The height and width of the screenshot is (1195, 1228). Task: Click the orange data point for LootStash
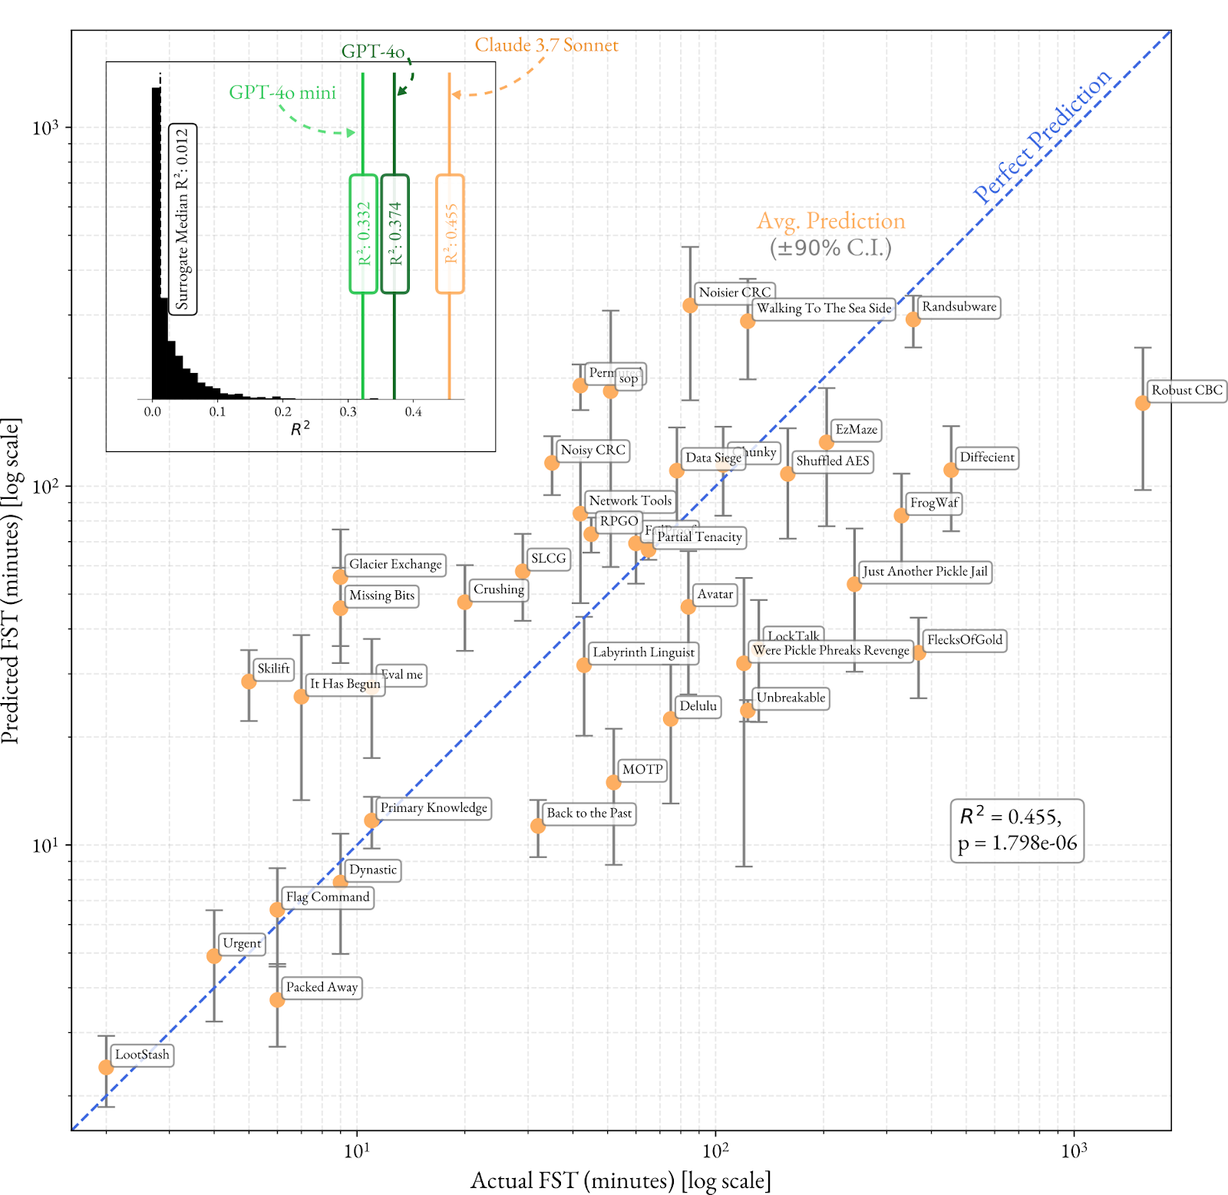[106, 1068]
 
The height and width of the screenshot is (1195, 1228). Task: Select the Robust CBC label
[1187, 391]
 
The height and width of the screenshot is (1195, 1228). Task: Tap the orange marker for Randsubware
[913, 319]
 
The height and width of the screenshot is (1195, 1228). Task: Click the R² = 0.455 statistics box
[1017, 830]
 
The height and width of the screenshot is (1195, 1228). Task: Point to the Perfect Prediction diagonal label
[1041, 136]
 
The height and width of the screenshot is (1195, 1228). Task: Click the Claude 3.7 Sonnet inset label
[546, 45]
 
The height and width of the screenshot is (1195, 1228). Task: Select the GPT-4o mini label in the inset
[282, 93]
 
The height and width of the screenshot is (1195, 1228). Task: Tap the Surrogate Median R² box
[183, 220]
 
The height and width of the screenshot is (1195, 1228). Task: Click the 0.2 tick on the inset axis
[283, 412]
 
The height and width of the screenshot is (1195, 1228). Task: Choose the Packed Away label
[322, 987]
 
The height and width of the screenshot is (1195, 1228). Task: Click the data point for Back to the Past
[538, 826]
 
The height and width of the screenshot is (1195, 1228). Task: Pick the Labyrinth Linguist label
[643, 652]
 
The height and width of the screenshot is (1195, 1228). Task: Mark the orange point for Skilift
[249, 682]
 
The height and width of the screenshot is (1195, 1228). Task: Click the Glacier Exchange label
[395, 565]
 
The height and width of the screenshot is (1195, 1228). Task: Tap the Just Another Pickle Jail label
[925, 572]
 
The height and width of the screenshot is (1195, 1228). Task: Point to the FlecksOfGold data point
[919, 653]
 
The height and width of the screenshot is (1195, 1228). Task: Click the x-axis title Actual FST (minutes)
[620, 1180]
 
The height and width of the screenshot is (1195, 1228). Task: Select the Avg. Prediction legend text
[831, 222]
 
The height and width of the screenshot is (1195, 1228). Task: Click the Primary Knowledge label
[434, 808]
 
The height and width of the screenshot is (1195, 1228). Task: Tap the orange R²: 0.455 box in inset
[450, 234]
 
